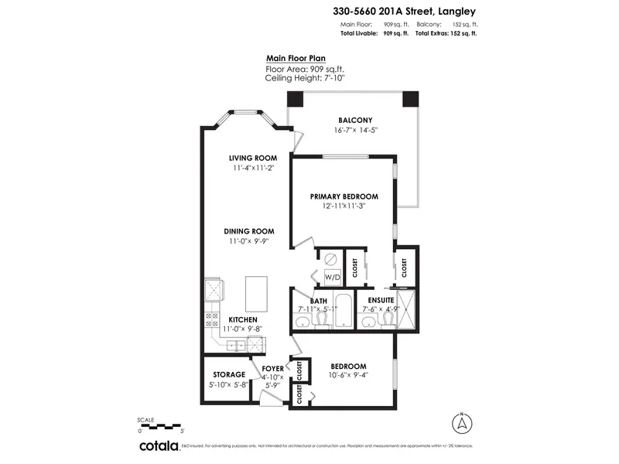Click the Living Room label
click(252, 158)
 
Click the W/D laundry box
click(331, 277)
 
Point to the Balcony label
click(355, 120)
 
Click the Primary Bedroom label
click(344, 196)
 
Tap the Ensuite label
click(381, 300)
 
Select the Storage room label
click(230, 374)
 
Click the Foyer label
click(272, 369)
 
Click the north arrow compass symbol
click(461, 424)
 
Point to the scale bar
click(160, 425)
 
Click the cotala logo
click(159, 446)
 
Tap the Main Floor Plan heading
click(296, 57)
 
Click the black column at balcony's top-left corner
click(296, 99)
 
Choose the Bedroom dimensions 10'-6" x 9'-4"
click(348, 376)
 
